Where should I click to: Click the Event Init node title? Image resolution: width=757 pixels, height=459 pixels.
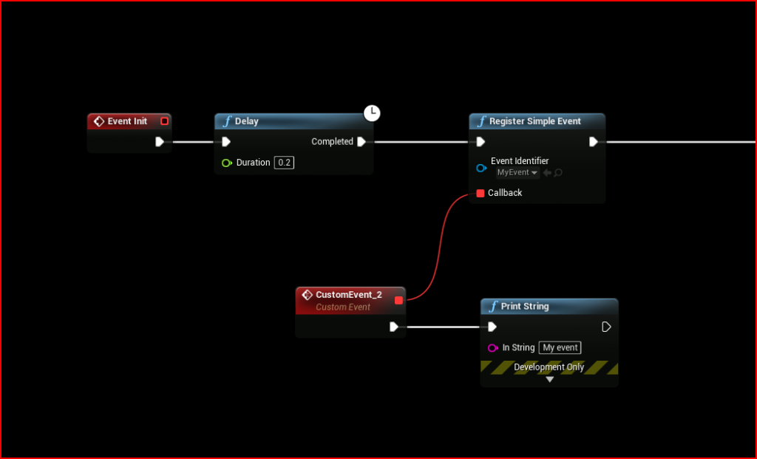pyautogui.click(x=127, y=121)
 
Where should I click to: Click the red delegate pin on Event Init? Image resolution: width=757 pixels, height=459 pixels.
pyautogui.click(x=164, y=121)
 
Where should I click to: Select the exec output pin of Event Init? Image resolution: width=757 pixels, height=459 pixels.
pyautogui.click(x=160, y=142)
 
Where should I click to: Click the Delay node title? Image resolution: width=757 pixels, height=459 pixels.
pyautogui.click(x=247, y=121)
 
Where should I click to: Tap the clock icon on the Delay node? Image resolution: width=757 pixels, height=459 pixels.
pyautogui.click(x=372, y=113)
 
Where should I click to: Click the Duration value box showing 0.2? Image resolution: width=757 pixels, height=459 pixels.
pyautogui.click(x=284, y=163)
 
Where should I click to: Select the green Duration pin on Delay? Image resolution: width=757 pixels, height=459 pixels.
pyautogui.click(x=227, y=163)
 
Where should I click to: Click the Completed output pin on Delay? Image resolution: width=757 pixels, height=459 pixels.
pyautogui.click(x=361, y=142)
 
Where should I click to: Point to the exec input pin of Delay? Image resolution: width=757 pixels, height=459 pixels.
pyautogui.click(x=226, y=142)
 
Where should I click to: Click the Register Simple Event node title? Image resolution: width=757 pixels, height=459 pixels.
pyautogui.click(x=535, y=121)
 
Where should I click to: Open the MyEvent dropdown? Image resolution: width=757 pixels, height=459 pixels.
pyautogui.click(x=517, y=173)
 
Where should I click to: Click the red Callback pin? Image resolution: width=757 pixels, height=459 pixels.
pyautogui.click(x=481, y=193)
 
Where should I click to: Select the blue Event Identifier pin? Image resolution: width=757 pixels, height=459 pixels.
pyautogui.click(x=481, y=168)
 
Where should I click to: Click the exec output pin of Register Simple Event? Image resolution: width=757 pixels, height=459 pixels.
pyautogui.click(x=594, y=142)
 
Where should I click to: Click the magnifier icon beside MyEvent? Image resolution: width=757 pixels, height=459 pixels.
pyautogui.click(x=558, y=173)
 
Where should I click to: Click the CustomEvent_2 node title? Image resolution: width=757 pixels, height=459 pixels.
pyautogui.click(x=348, y=294)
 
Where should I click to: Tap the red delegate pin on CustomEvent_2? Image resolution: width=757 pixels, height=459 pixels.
pyautogui.click(x=399, y=300)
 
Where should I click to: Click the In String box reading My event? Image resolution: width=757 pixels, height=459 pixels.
pyautogui.click(x=560, y=347)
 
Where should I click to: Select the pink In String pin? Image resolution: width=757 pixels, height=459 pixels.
pyautogui.click(x=492, y=347)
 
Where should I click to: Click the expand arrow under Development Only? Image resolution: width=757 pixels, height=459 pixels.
pyautogui.click(x=549, y=379)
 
